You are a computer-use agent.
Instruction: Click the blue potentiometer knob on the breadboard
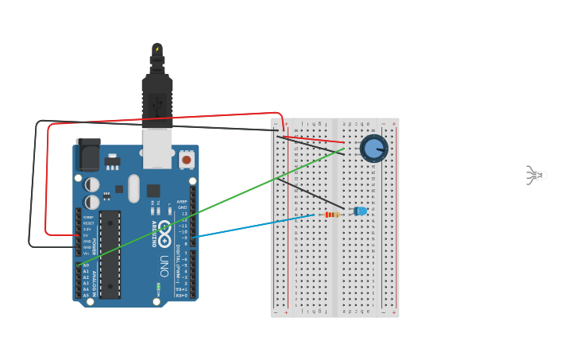[373, 149]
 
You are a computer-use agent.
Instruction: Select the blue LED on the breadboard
[360, 211]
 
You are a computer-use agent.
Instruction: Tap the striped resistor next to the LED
[331, 214]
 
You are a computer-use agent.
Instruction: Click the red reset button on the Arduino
[187, 160]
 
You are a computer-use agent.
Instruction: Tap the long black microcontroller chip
[110, 254]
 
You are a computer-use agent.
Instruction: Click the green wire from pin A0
[215, 203]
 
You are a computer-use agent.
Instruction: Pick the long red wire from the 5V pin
[159, 119]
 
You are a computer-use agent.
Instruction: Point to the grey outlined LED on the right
[536, 175]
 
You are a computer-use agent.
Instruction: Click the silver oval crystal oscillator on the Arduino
[133, 188]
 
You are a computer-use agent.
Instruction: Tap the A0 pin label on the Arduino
[86, 265]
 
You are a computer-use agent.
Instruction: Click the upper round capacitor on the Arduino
[92, 184]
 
